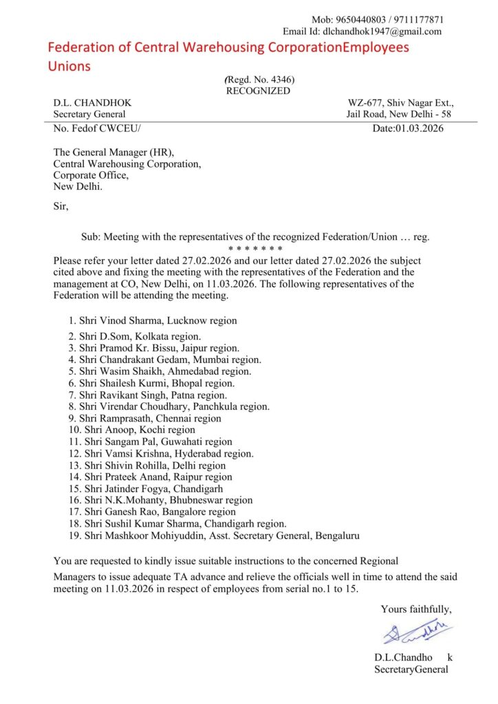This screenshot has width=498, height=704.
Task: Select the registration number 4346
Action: pos(278,80)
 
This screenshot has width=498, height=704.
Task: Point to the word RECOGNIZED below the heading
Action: pos(258,91)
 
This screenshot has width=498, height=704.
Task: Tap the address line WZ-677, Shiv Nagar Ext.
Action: pos(401,103)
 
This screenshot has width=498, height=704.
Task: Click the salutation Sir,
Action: pos(61,206)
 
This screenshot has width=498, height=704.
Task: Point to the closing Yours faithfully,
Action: pos(416,608)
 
